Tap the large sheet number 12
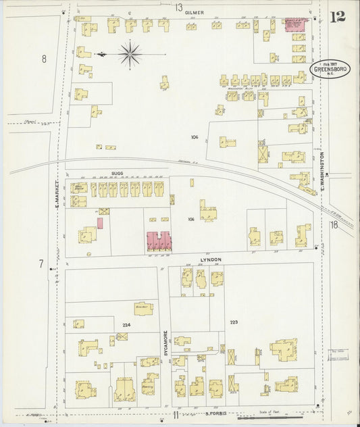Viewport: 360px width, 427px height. pyautogui.click(x=338, y=17)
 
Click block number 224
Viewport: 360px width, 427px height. pyautogui.click(x=125, y=325)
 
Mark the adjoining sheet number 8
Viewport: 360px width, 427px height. pyautogui.click(x=44, y=59)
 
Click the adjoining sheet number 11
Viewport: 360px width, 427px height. pyautogui.click(x=175, y=414)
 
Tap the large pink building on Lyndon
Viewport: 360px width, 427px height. pyautogui.click(x=159, y=240)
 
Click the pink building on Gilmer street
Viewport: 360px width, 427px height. pyautogui.click(x=294, y=24)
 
